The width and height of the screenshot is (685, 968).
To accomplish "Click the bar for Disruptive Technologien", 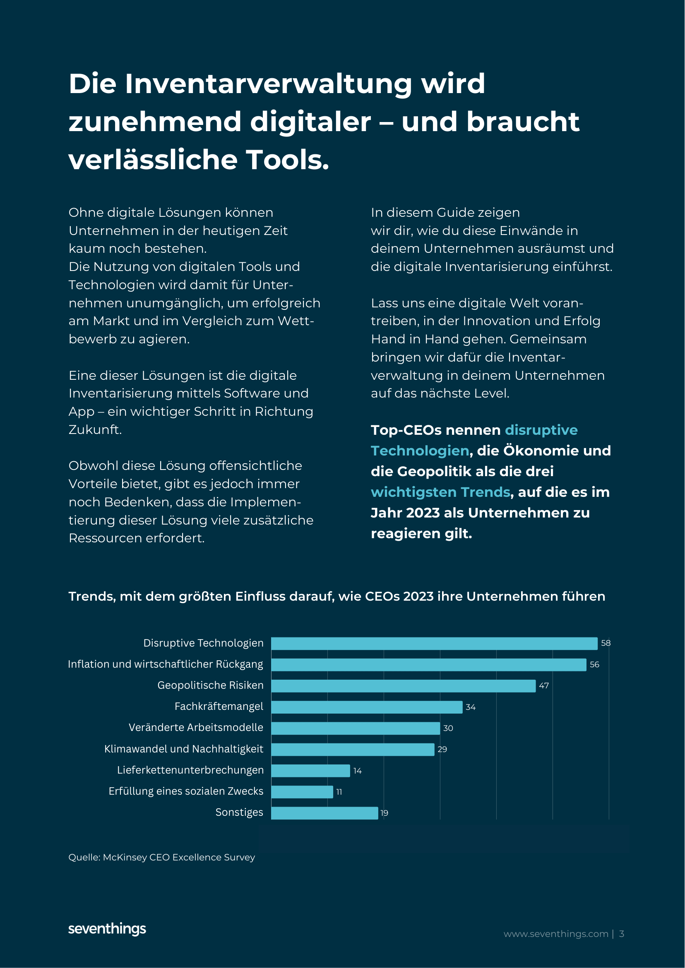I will (x=434, y=643).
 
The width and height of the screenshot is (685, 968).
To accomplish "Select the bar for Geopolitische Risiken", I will (x=403, y=685).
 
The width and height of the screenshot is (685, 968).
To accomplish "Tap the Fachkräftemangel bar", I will (x=367, y=707).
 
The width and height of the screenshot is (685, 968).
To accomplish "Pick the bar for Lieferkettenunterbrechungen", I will (x=310, y=770).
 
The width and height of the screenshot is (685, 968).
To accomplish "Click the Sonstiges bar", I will (x=324, y=813).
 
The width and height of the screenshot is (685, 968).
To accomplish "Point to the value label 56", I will (x=594, y=665).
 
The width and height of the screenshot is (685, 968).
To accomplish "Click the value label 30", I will (x=448, y=728).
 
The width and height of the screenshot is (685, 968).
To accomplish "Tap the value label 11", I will (x=339, y=792).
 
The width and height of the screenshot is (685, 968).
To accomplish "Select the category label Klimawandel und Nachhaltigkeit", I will (x=183, y=749).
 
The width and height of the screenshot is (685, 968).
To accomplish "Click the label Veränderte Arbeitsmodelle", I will (x=196, y=727).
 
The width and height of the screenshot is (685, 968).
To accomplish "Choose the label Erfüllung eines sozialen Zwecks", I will (x=185, y=791).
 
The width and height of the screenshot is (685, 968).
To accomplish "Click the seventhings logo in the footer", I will (x=107, y=929).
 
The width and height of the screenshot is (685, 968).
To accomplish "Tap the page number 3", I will (x=621, y=934).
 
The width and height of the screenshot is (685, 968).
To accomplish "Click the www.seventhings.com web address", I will (x=555, y=934).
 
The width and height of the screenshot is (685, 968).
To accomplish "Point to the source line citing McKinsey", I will (x=161, y=857).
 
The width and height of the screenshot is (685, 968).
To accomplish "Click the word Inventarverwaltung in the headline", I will (x=268, y=84).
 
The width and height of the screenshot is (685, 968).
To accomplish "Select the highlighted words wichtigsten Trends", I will (x=440, y=492).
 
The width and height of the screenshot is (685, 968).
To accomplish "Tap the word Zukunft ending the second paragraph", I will (x=95, y=430).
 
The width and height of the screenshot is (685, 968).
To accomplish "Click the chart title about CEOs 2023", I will (x=336, y=596).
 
